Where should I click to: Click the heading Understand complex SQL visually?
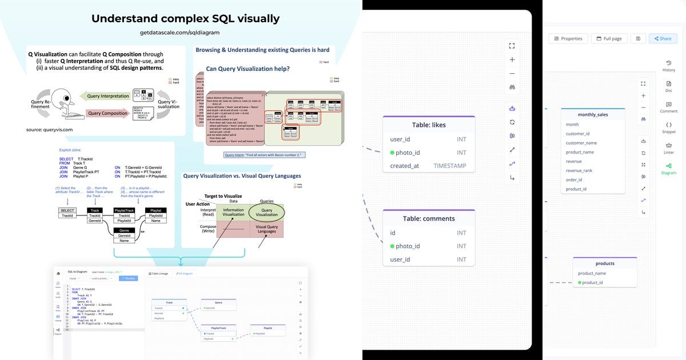(185, 18)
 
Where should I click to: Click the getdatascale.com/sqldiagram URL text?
(180, 33)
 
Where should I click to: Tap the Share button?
(663, 38)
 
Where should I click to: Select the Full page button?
(609, 38)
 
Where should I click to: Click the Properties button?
(568, 38)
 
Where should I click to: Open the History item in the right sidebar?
(668, 66)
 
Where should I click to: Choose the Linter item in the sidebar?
(668, 148)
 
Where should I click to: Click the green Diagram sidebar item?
(668, 169)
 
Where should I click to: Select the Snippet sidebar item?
(668, 127)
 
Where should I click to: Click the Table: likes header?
(428, 125)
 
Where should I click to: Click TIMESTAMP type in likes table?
(449, 166)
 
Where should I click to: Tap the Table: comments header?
(429, 218)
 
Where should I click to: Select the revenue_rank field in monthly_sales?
(579, 170)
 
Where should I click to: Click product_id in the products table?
(592, 282)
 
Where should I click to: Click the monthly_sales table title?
(592, 114)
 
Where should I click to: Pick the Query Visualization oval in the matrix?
(266, 212)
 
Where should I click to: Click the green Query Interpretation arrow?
(108, 96)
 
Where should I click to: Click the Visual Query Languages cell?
(266, 229)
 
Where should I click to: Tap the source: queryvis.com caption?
(49, 130)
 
